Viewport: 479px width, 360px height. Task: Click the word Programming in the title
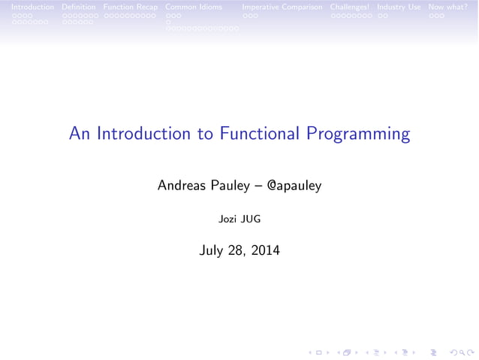(x=358, y=135)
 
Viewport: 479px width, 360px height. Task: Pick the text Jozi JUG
(x=239, y=219)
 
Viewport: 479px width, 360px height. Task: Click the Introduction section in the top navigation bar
(x=27, y=7)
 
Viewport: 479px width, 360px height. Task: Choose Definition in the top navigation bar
(x=79, y=7)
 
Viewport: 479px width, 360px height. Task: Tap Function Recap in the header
(x=131, y=7)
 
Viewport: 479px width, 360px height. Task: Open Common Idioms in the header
(x=194, y=7)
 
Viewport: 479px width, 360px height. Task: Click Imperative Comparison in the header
(x=282, y=7)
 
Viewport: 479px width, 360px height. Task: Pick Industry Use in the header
(x=399, y=7)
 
